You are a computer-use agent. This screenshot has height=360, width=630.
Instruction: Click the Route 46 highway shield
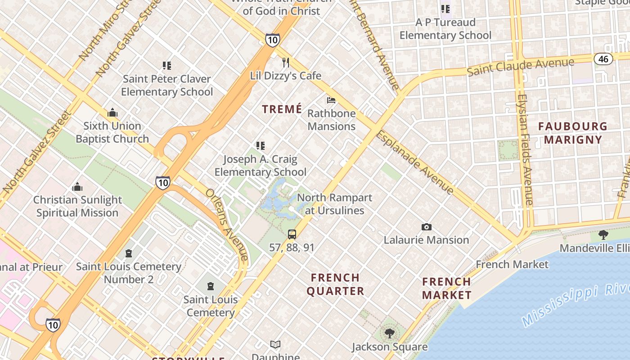(603, 58)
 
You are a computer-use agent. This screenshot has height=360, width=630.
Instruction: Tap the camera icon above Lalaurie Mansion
(426, 227)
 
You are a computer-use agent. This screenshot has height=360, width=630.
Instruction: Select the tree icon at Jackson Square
(389, 333)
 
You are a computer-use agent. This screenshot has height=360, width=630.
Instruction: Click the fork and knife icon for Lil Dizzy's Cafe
(286, 62)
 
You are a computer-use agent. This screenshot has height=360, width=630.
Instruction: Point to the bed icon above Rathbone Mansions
(331, 100)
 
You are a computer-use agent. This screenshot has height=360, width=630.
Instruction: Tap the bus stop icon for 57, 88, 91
(292, 234)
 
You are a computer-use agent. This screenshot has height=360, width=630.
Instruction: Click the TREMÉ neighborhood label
(282, 109)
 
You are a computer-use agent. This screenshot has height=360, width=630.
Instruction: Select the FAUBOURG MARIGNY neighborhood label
(573, 133)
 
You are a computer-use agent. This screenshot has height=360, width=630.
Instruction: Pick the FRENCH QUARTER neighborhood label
(335, 284)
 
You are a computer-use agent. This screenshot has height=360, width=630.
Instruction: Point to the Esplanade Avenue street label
(415, 162)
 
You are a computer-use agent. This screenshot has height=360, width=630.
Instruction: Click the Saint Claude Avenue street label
(521, 67)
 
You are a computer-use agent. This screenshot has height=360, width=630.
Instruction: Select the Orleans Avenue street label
(227, 224)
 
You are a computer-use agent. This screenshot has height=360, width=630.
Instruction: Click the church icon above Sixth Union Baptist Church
(112, 112)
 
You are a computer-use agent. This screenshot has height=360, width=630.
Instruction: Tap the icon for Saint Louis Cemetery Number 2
(129, 253)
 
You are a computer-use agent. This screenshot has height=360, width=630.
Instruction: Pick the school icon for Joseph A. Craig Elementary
(260, 146)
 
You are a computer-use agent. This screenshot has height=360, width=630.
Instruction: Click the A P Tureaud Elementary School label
(445, 29)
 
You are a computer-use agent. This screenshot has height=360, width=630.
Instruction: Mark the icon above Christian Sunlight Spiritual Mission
(77, 187)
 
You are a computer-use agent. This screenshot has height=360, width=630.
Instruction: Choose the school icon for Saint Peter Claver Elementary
(167, 66)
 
